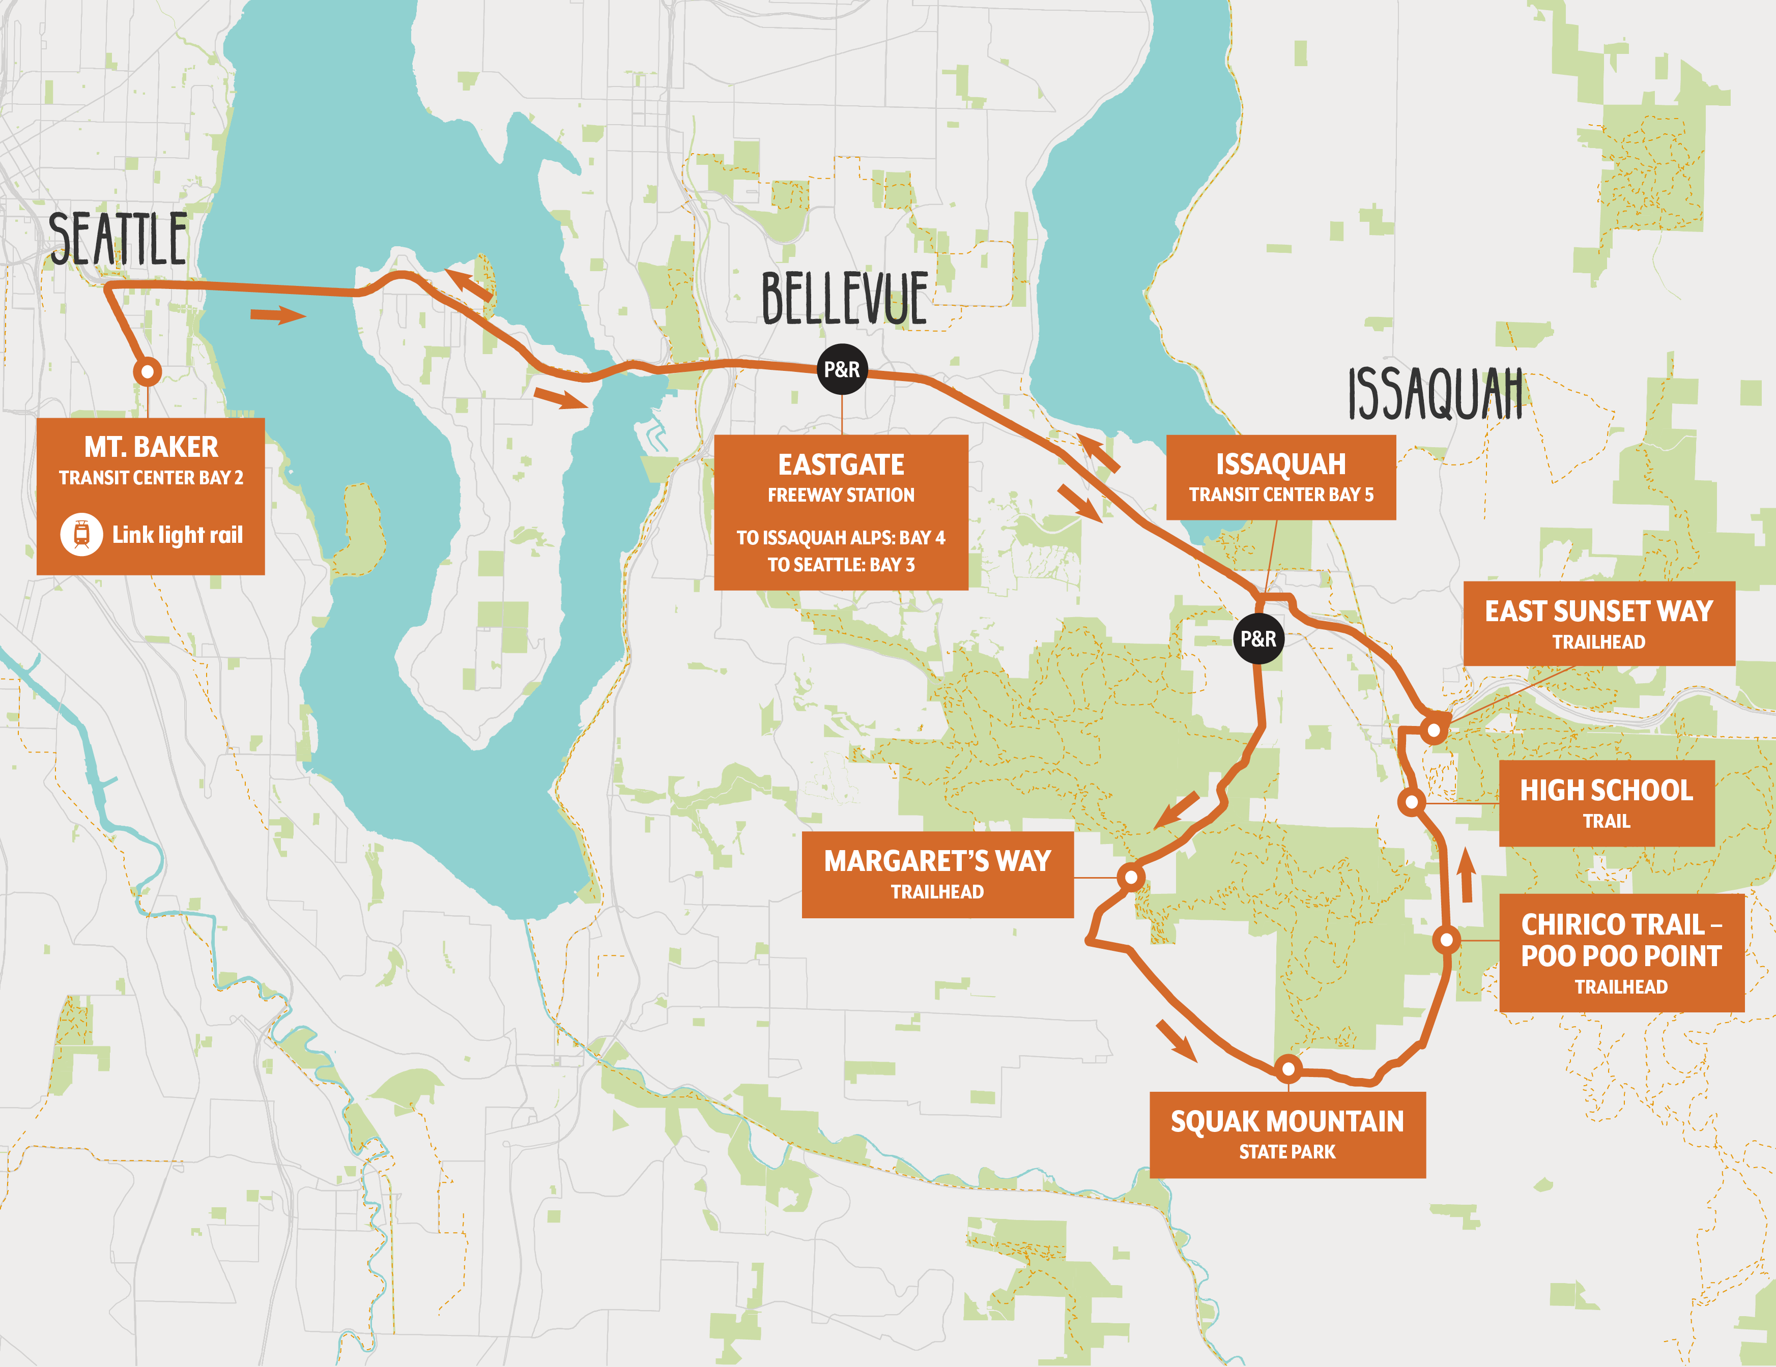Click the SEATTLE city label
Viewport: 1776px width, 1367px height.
[x=119, y=238]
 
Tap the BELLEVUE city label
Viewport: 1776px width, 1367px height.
[x=844, y=299]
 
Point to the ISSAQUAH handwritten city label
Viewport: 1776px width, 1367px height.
[x=1435, y=394]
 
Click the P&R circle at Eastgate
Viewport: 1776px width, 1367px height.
[x=842, y=370]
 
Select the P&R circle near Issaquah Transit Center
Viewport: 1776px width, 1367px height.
[x=1258, y=639]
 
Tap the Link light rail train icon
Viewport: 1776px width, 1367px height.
[x=81, y=534]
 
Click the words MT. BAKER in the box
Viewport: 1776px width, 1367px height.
[x=151, y=447]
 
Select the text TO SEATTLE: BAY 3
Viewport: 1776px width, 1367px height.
[x=841, y=564]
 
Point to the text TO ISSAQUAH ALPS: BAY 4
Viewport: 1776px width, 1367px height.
[x=841, y=538]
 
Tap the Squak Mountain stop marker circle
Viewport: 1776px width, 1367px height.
[x=1288, y=1068]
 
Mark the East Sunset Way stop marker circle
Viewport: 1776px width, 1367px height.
[x=1435, y=730]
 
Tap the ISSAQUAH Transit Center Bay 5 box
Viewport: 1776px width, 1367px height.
[x=1281, y=477]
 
